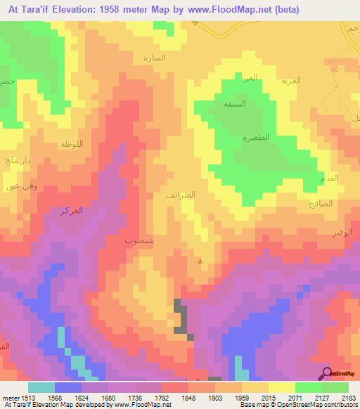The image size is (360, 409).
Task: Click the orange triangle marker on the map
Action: (x=200, y=261)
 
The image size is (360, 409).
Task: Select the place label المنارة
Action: (x=153, y=58)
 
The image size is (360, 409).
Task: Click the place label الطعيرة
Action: (x=257, y=138)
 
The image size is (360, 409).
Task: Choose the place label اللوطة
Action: (x=72, y=144)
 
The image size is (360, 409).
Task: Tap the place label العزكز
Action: (x=72, y=210)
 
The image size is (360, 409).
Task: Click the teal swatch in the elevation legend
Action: (x=41, y=387)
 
